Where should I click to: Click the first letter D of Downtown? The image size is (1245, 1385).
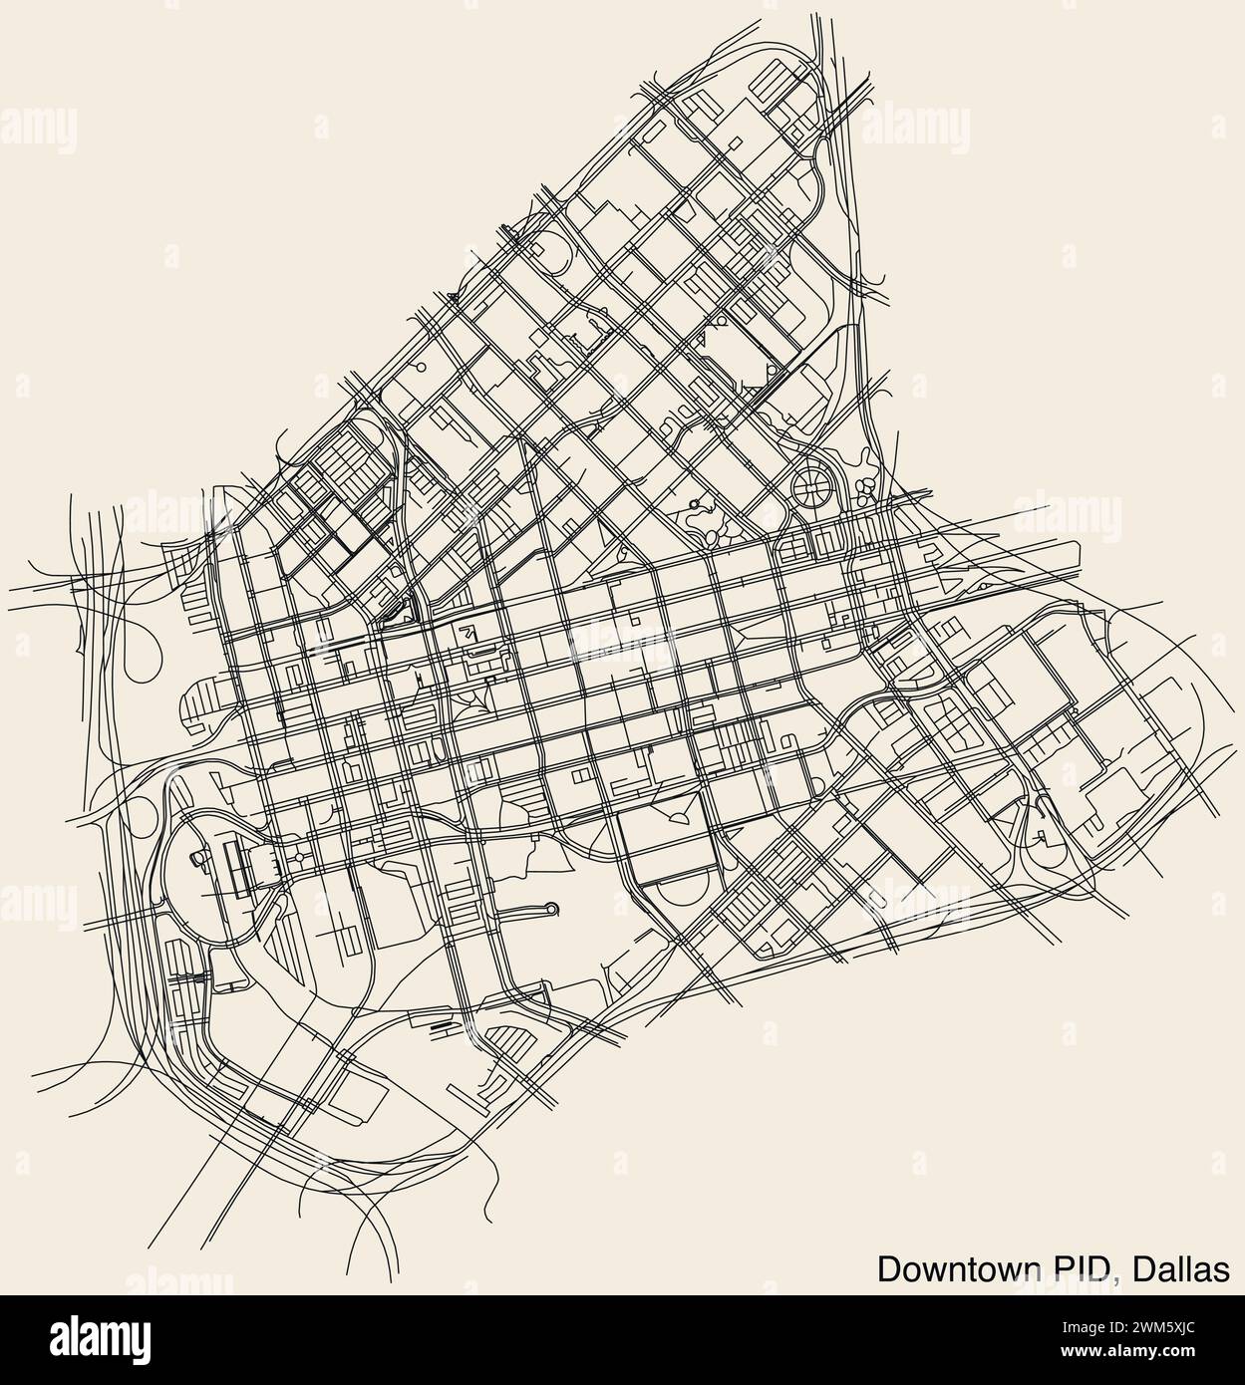888,1268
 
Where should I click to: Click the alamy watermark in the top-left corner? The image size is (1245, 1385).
40,128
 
